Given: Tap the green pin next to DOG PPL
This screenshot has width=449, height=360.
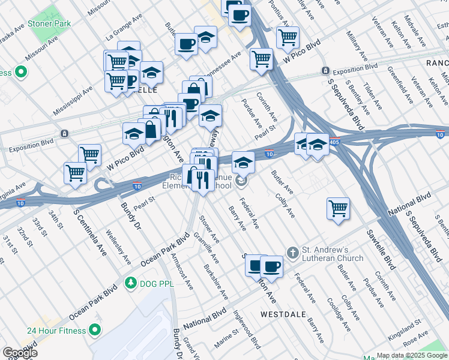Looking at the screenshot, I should point(129,282).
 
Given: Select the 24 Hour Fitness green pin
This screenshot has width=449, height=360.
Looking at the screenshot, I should point(95,329).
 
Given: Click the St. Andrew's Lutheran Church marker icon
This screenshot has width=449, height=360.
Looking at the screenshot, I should point(292,253).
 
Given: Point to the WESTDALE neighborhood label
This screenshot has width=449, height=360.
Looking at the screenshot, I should point(284,314).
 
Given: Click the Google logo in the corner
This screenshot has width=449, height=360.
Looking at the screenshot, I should point(19,353).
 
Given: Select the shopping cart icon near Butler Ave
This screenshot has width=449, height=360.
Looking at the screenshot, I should point(339,208).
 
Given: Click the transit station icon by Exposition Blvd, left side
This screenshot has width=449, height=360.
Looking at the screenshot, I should point(64,133).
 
